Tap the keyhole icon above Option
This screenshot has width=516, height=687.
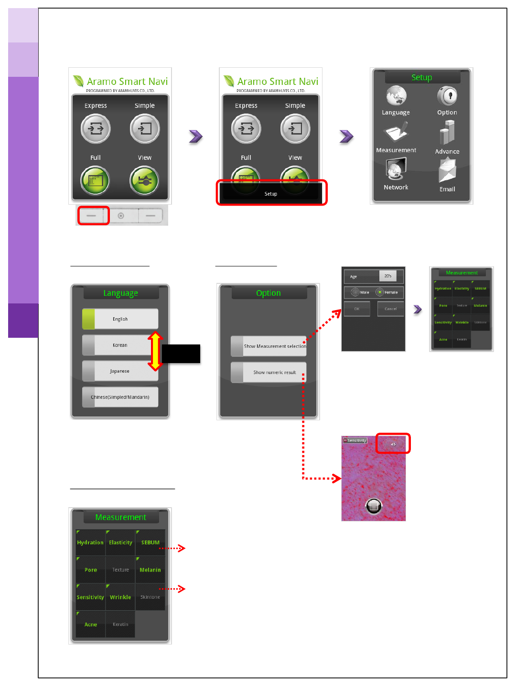point(447,96)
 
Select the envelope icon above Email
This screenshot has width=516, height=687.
point(447,171)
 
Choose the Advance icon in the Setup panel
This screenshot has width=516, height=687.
point(447,133)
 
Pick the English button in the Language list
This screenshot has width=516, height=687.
point(120,319)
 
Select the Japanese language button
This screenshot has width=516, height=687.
point(120,371)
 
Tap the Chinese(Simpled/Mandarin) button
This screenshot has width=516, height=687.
point(120,397)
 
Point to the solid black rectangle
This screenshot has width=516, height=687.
point(181,354)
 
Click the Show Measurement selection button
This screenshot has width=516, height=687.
point(269,346)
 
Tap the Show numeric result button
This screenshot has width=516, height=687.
point(269,372)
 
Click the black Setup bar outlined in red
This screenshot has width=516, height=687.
point(271,193)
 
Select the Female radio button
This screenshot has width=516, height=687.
point(380,292)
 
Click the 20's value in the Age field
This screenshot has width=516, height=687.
point(388,276)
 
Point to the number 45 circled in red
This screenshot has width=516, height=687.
point(393,444)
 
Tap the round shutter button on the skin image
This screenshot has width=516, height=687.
point(374,506)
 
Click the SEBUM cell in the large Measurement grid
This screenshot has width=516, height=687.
point(150,542)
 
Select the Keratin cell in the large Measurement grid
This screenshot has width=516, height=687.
point(120,624)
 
